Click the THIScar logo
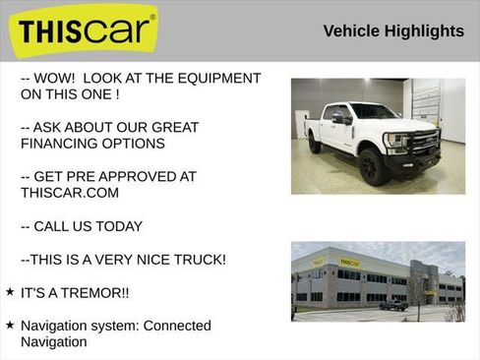point(87,32)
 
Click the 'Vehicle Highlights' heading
point(393,31)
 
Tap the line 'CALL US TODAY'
point(88,226)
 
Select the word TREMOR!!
point(95,293)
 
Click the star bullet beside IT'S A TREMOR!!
point(10,293)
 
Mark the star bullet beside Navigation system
point(10,326)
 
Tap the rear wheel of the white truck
point(314,143)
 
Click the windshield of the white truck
point(371,111)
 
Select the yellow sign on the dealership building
point(349,263)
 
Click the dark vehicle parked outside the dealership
point(393,305)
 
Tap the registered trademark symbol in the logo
point(152,17)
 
